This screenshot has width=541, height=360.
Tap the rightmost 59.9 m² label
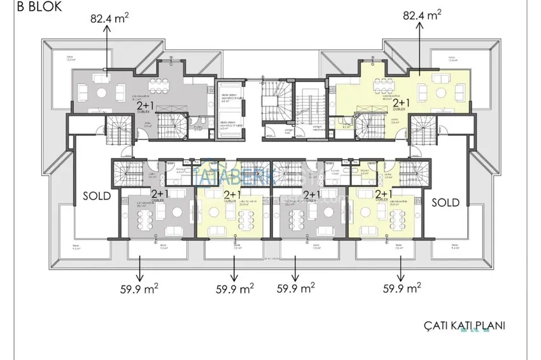[402, 288]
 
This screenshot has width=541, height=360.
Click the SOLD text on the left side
[97, 196]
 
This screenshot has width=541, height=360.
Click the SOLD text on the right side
[446, 202]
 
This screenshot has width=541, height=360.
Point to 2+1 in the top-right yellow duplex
[401, 102]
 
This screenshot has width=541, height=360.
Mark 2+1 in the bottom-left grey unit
[159, 193]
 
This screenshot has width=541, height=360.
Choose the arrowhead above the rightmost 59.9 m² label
[402, 278]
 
